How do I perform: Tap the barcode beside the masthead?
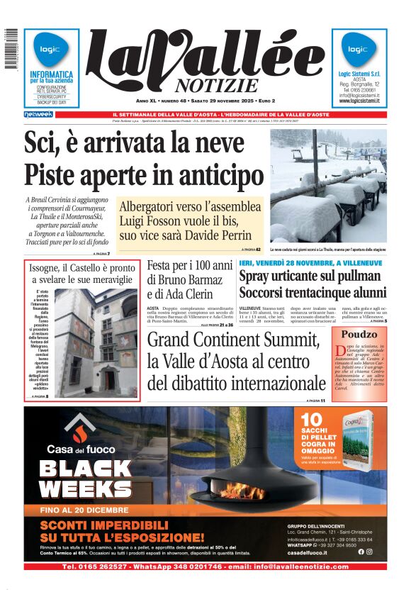click(x=11, y=50)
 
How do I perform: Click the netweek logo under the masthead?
click(x=38, y=114)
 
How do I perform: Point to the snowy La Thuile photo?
click(x=328, y=186)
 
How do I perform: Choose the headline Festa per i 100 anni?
click(x=189, y=266)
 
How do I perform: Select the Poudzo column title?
click(x=359, y=334)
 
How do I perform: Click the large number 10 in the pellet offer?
click(x=311, y=420)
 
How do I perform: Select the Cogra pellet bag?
click(x=356, y=439)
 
